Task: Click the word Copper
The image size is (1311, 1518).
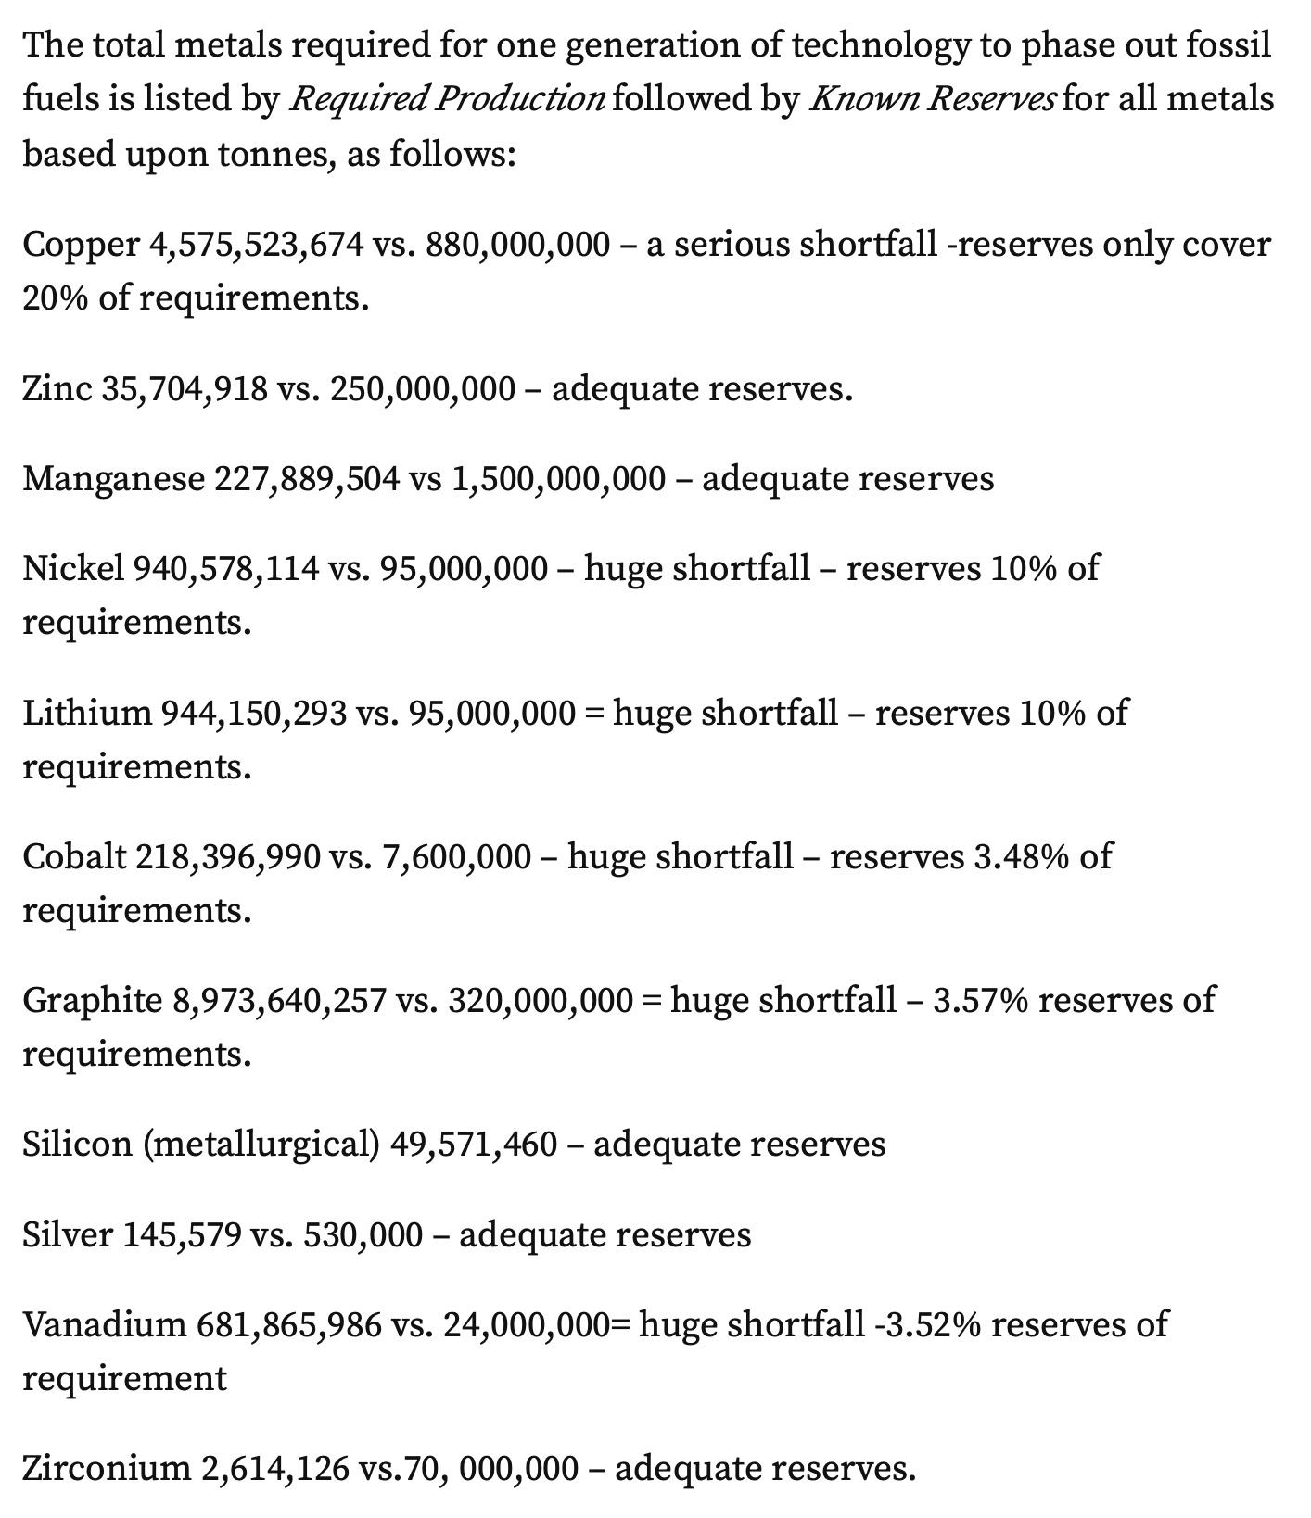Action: coord(81,245)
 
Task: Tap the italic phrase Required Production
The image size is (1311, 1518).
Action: coord(448,98)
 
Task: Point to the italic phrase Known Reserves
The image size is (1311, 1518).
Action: coord(932,98)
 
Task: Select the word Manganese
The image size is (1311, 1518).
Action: coord(113,478)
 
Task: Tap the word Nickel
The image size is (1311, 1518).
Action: coord(72,567)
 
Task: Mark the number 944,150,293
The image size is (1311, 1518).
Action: coord(254,712)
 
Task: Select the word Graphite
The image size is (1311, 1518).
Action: coord(92,1000)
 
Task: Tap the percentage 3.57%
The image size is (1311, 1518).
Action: coord(980,1000)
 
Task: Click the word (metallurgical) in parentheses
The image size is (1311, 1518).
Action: coord(261,1144)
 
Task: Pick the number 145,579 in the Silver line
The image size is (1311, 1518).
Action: coord(182,1234)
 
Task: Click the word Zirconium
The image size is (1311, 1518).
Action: coord(106,1468)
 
